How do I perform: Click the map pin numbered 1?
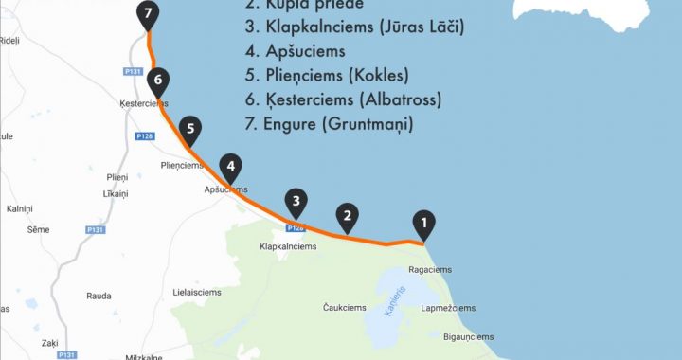pyautogui.click(x=424, y=224)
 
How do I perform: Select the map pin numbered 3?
pyautogui.click(x=296, y=201)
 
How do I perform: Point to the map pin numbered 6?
pyautogui.click(x=158, y=81)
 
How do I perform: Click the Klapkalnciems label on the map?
pyautogui.click(x=288, y=247)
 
